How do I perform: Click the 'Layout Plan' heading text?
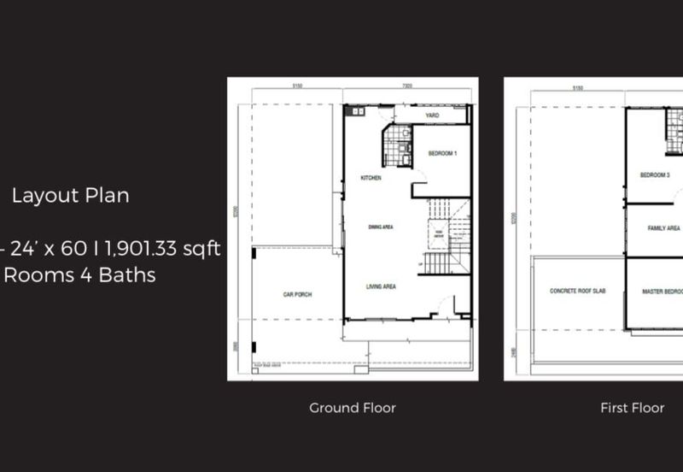point(70,196)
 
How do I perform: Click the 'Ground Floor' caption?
point(352,408)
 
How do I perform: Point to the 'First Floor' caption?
point(632,408)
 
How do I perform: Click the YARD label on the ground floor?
point(432,115)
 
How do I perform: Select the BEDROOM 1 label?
point(443,154)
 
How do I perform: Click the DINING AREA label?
point(380,227)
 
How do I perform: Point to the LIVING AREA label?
point(381,286)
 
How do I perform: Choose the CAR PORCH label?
point(297,294)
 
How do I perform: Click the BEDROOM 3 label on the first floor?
point(655,175)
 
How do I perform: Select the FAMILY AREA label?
point(663,228)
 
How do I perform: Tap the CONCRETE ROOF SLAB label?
point(577,291)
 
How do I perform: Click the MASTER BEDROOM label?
point(663,292)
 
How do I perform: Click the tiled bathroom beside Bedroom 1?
point(396,145)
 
